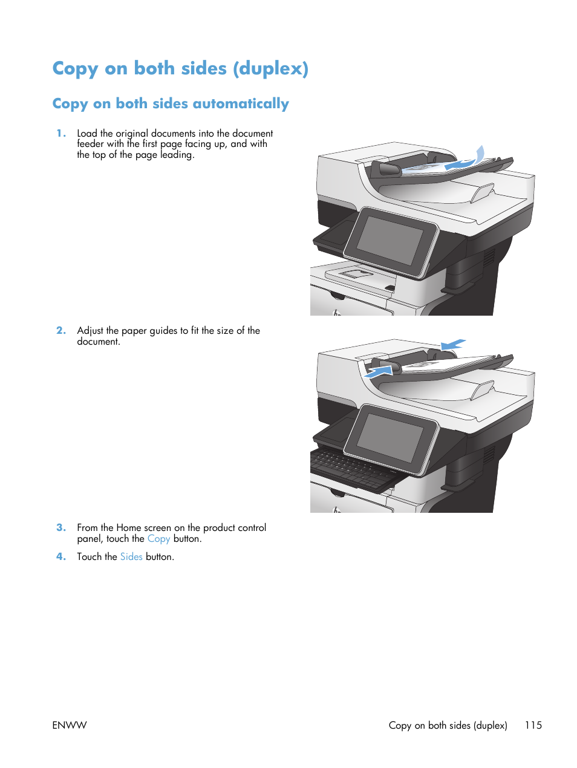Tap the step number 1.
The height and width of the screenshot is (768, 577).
tap(60, 133)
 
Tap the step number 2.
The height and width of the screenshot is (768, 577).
tap(60, 330)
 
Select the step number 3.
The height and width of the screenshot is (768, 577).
tap(60, 527)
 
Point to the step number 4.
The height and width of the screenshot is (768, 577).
tap(60, 556)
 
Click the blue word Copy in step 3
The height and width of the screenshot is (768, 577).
tap(158, 539)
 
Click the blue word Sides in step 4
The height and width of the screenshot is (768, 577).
tap(131, 556)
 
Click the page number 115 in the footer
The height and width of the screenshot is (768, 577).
tap(533, 725)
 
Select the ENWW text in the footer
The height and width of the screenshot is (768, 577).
tap(70, 725)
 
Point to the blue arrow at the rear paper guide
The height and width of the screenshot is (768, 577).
tap(453, 345)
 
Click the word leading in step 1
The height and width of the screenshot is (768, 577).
tap(177, 155)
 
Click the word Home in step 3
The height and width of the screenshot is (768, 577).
tap(129, 528)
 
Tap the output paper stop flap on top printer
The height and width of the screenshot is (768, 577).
tap(483, 193)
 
